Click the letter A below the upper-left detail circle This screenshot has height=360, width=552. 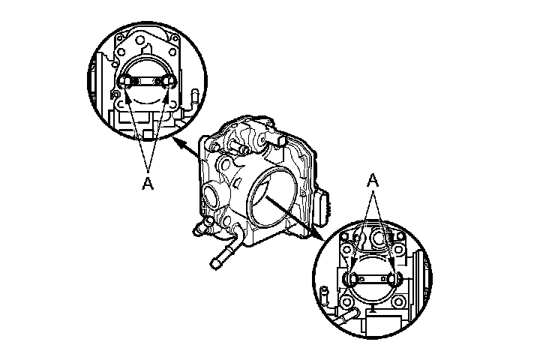(148, 183)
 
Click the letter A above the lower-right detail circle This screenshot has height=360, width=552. (373, 181)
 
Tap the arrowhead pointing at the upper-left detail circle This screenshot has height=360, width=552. (179, 142)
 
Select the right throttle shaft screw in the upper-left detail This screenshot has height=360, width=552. (166, 82)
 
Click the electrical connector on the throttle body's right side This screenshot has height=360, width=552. (322, 208)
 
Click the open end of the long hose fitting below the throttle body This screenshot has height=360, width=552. (214, 264)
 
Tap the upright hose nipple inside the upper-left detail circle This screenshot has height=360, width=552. (194, 99)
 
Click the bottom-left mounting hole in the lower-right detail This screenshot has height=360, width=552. (346, 301)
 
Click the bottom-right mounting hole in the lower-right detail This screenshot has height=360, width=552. (398, 301)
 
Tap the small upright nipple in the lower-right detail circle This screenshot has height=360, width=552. (324, 295)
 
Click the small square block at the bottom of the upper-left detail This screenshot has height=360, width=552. (149, 134)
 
